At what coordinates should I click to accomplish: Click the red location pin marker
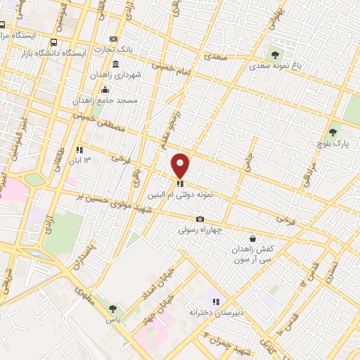(181, 166)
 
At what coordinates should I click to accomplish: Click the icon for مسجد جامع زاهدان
(105, 89)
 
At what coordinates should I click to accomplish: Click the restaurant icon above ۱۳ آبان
(79, 150)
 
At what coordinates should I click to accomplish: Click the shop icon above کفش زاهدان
(252, 238)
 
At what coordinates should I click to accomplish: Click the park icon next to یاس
(112, 308)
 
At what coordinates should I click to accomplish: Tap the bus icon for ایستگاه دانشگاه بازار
(55, 41)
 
